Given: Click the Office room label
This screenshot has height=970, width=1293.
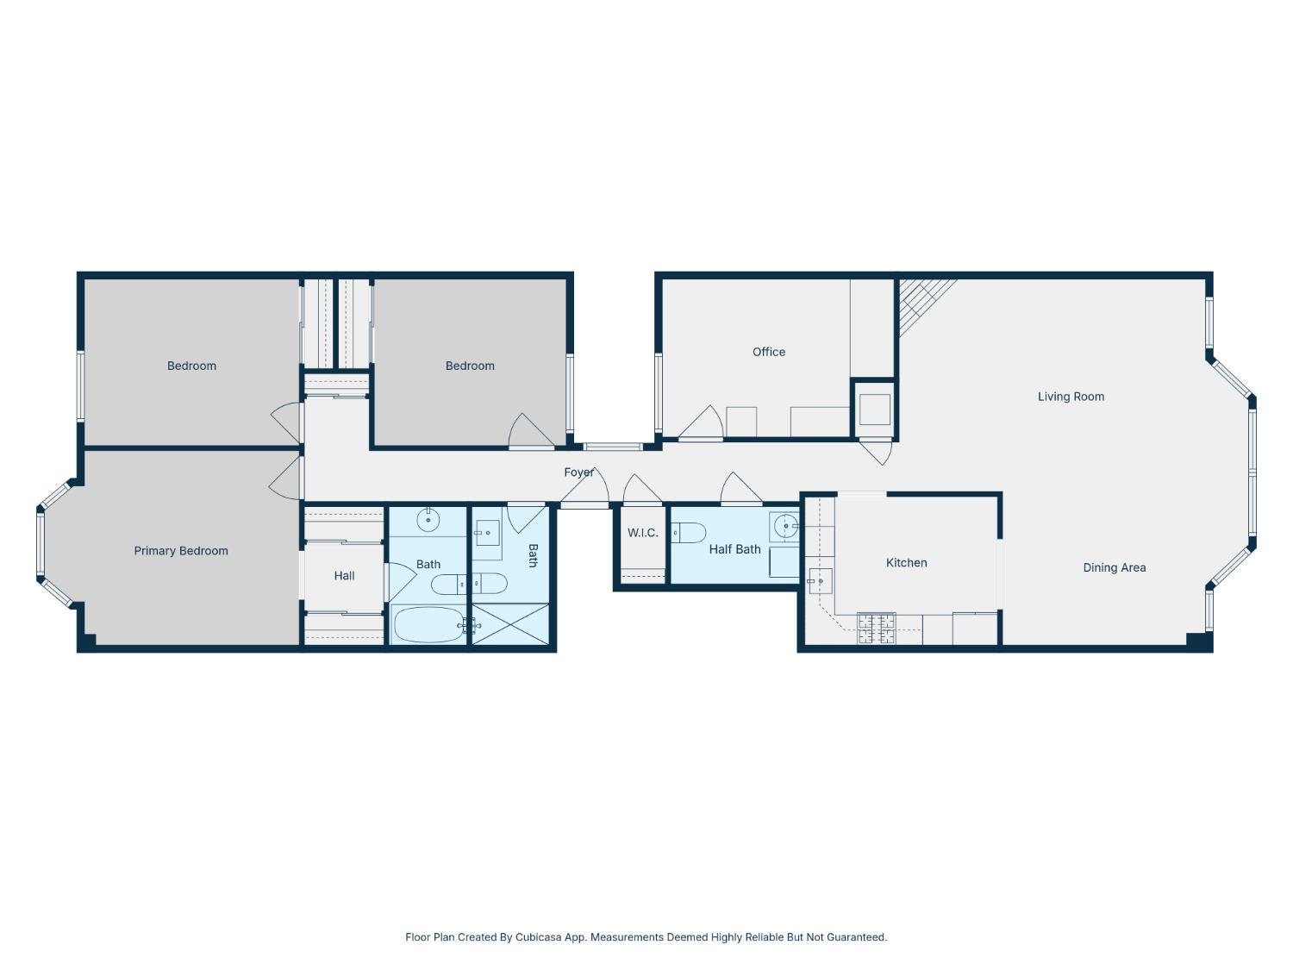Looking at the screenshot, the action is pos(768,352).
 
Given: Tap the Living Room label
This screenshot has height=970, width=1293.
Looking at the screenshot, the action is pos(1071,397).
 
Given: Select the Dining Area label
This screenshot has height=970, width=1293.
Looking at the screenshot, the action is pos(1114,567).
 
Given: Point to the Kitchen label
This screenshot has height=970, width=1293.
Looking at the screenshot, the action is pos(906,562).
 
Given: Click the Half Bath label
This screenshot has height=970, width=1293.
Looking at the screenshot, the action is pos(734,549).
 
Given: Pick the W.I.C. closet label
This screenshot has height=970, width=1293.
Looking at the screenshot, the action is pos(642,532).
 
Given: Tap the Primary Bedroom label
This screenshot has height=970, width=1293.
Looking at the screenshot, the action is pos(181,551).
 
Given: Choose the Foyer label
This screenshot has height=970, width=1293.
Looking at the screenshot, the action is pos(578,472).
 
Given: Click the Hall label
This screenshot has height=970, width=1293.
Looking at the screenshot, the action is pos(344,575).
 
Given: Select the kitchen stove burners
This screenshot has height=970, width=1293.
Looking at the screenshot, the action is pos(876,629).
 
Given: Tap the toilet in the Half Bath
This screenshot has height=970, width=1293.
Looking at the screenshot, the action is pos(688,533).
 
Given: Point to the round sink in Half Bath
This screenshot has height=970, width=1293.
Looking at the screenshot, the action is pos(785,525).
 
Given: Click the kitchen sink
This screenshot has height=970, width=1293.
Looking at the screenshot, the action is pos(820,581).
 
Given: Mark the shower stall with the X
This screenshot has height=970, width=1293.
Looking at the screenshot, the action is pos(510,623).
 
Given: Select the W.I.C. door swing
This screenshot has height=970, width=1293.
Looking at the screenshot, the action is pos(643,490).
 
